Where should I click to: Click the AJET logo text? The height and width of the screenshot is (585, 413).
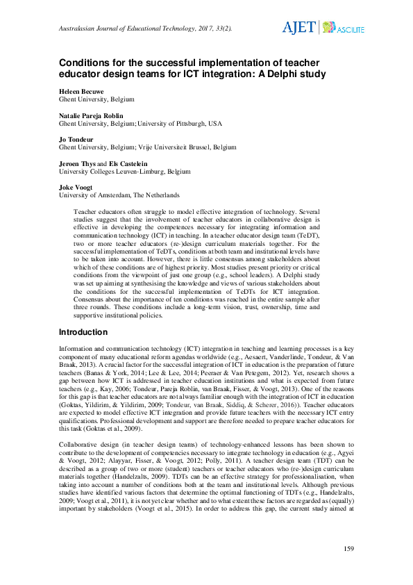[x=298, y=28]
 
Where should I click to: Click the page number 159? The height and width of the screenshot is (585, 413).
[x=349, y=550]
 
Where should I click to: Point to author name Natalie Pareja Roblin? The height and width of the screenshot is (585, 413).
[x=91, y=115]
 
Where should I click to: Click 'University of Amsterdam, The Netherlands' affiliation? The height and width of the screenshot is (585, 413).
[x=119, y=195]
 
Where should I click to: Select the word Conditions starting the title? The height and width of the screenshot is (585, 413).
[x=86, y=61]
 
